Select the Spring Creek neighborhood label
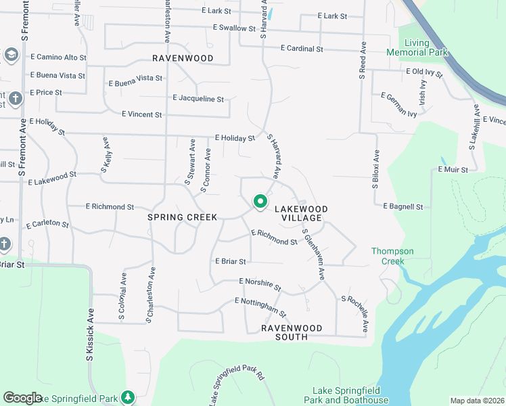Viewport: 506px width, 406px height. click(183, 217)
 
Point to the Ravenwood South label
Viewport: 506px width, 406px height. click(292, 328)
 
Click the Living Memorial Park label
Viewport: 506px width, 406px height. click(417, 47)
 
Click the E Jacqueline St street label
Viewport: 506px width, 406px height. click(198, 99)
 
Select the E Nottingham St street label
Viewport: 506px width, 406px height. click(260, 307)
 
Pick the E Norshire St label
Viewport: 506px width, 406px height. click(260, 286)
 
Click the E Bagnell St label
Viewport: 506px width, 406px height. click(402, 206)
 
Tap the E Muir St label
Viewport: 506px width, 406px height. click(453, 169)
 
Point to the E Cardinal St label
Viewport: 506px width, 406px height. click(301, 49)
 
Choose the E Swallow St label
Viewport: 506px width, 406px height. click(237, 28)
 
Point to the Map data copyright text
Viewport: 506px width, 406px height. click(478, 401)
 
